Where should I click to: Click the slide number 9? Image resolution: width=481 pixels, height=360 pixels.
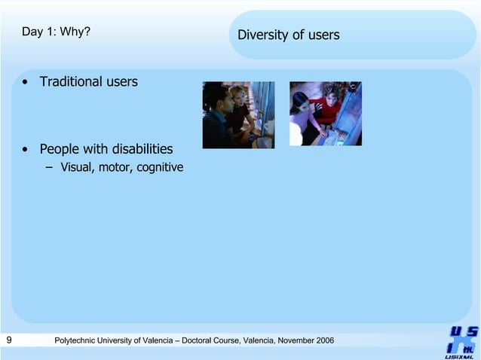point(8,340)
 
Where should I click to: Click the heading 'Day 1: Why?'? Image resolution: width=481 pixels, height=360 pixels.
point(57,32)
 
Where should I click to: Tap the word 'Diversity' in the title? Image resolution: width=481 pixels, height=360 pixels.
point(262,35)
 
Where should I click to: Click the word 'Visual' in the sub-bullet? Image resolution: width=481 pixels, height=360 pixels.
point(77,167)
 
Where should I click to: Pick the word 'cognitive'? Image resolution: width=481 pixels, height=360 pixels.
point(159,167)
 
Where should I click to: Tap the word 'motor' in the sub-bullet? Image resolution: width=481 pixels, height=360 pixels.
point(115,167)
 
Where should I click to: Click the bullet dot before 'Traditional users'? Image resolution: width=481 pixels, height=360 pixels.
point(26,82)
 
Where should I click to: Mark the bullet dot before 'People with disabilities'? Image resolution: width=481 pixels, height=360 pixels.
point(26,149)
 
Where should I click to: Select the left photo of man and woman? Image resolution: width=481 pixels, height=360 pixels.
point(238,114)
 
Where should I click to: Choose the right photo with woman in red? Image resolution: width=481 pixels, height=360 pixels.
point(326,114)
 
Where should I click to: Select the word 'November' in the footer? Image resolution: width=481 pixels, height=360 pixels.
point(291,341)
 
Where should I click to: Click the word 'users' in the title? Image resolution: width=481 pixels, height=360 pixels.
point(323,35)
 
